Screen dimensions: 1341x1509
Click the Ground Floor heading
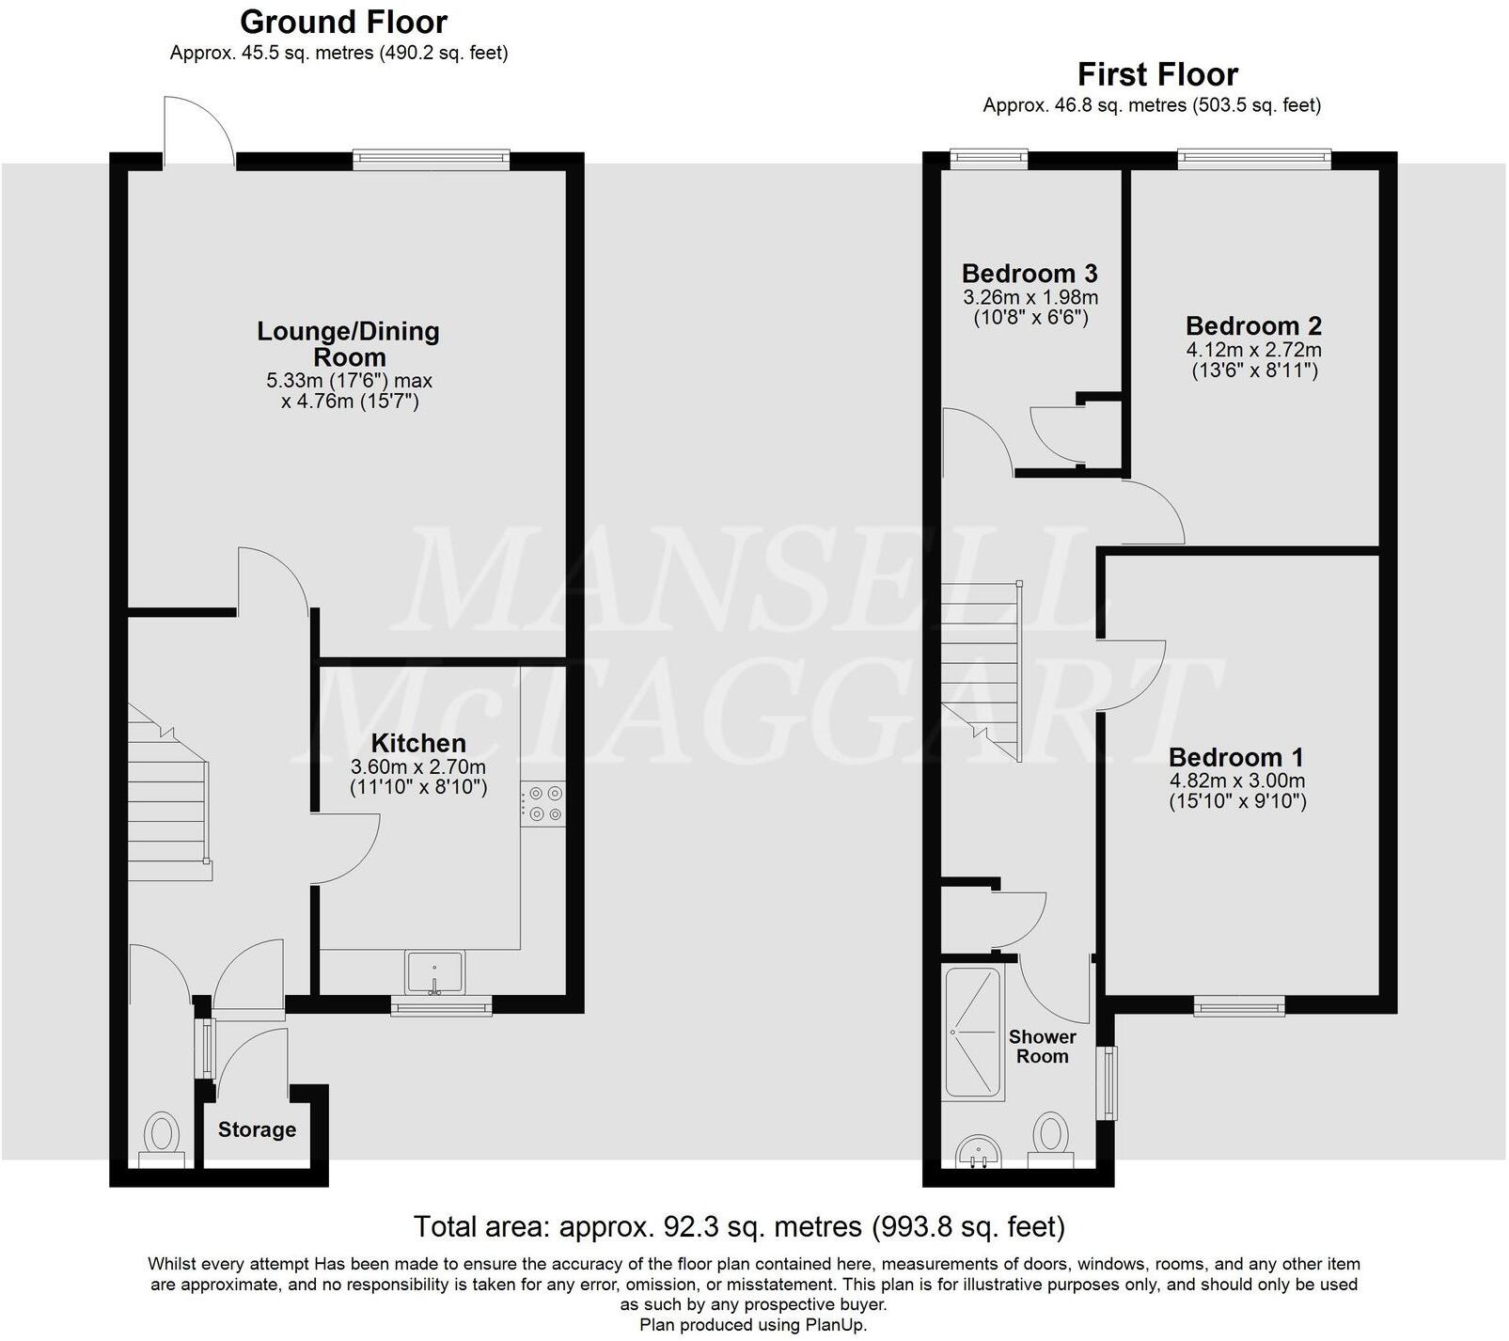click(343, 22)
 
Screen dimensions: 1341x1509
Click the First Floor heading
click(1157, 74)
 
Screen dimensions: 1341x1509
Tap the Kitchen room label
click(418, 742)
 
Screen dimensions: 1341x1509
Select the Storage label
click(257, 1129)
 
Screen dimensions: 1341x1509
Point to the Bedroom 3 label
click(1030, 274)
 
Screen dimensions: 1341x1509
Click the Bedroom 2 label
click(1253, 326)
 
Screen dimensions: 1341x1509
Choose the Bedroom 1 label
click(1236, 757)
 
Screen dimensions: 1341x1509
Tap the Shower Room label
click(1042, 1046)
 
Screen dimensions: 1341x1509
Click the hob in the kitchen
click(543, 805)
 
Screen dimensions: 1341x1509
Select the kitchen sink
click(434, 970)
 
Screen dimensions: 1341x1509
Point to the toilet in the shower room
click(1050, 1138)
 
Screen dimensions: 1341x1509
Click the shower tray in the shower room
click(974, 1033)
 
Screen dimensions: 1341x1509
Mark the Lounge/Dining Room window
click(432, 161)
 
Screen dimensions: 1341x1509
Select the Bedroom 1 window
click(1239, 1006)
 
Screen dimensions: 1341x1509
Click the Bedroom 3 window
click(988, 159)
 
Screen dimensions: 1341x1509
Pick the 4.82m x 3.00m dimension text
click(1237, 781)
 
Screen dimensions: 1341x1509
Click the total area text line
click(739, 1226)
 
